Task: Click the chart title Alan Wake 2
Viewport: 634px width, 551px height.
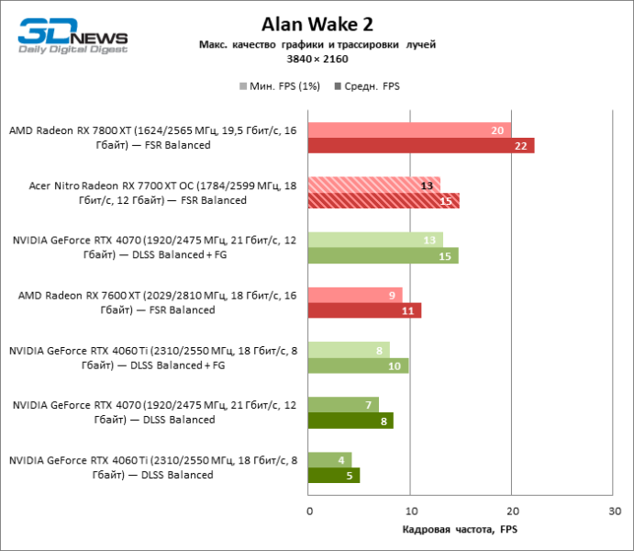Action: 317,23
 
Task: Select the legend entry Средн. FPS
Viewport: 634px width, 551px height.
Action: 367,86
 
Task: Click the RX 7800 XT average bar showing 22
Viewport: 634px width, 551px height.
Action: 421,146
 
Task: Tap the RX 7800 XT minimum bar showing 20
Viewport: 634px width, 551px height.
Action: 410,130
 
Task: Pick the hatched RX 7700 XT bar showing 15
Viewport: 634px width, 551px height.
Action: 384,201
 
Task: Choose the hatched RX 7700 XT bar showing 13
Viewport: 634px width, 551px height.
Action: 374,185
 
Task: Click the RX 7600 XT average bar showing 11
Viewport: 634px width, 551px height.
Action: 364,310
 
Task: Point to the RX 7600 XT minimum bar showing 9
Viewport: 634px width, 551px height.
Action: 355,295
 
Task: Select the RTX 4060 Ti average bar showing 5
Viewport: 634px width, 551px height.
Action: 334,476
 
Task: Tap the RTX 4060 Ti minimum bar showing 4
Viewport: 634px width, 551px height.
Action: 329,459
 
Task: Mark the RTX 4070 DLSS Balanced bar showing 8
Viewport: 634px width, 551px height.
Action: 350,421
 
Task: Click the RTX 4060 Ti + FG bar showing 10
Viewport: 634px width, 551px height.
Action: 359,365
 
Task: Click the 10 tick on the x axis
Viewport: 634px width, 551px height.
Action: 411,510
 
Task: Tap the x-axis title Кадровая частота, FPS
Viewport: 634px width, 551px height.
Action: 461,530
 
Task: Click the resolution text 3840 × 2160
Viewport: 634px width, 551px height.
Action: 317,58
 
